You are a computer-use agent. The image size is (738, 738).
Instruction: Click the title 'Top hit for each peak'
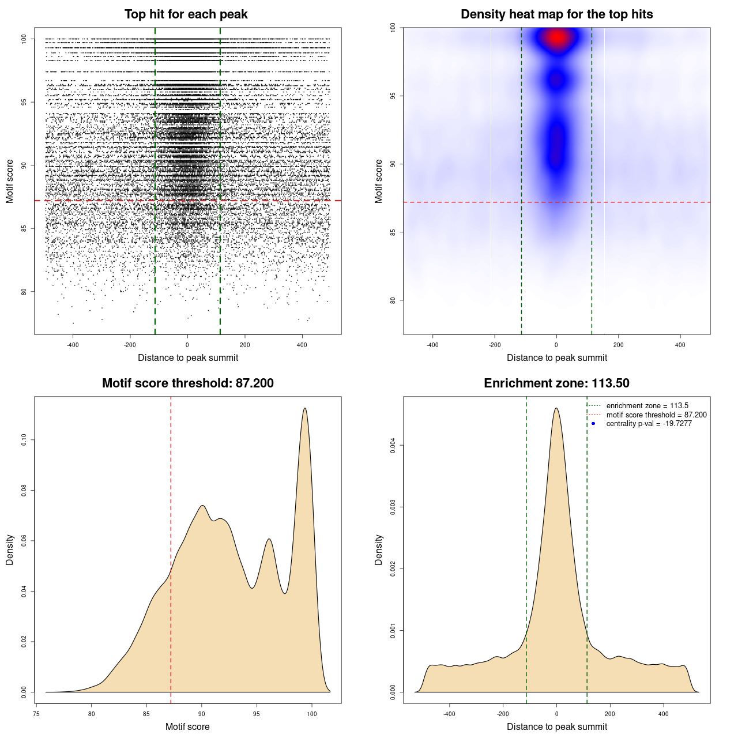tap(186, 14)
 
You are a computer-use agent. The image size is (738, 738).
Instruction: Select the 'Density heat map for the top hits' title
tap(556, 14)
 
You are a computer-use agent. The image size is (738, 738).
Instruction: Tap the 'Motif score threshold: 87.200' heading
tap(187, 383)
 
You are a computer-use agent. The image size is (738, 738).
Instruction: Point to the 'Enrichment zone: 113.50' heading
tap(556, 383)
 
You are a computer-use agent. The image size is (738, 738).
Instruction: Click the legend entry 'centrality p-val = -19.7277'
tap(649, 424)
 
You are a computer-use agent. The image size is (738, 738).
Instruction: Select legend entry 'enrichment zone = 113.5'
tap(647, 406)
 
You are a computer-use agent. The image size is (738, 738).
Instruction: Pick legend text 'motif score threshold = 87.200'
tap(656, 415)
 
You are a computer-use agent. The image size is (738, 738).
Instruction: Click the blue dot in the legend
tap(593, 424)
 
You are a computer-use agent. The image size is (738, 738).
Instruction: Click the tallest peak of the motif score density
tap(305, 409)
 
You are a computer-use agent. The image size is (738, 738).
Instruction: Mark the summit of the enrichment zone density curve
tap(556, 409)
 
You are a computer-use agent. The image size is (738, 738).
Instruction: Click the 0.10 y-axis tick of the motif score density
tap(24, 440)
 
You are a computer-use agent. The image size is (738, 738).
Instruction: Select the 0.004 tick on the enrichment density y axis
tap(393, 445)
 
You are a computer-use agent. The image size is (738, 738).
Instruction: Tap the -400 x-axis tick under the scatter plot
tap(73, 345)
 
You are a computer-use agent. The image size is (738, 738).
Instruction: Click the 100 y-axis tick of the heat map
tap(393, 27)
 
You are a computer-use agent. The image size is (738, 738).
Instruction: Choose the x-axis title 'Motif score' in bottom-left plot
tap(187, 726)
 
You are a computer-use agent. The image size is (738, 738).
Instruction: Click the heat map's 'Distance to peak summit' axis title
tap(556, 357)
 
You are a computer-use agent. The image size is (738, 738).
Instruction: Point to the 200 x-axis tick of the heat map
tap(618, 345)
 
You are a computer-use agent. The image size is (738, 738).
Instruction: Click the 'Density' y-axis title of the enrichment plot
tap(379, 549)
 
